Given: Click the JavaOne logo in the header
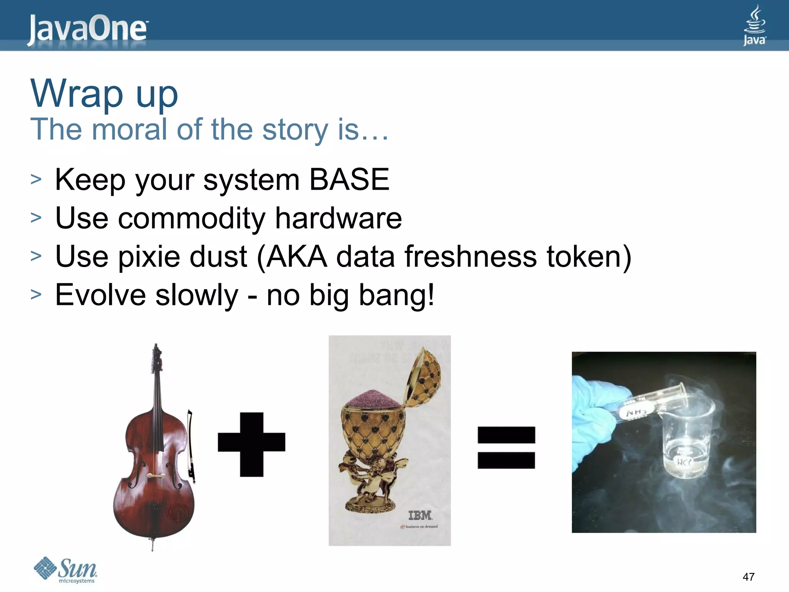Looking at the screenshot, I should [88, 30].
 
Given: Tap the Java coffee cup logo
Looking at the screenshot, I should [754, 25].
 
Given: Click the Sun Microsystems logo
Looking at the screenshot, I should [65, 570].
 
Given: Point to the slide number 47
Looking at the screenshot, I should [749, 577].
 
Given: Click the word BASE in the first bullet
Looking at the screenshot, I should [349, 180].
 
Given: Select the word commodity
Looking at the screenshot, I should [191, 219].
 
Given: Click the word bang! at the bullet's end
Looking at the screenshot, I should [396, 296].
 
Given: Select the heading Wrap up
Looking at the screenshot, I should [104, 93].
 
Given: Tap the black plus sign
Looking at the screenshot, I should [252, 444].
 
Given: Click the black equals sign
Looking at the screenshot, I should [506, 447].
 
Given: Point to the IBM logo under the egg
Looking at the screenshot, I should [420, 515].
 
